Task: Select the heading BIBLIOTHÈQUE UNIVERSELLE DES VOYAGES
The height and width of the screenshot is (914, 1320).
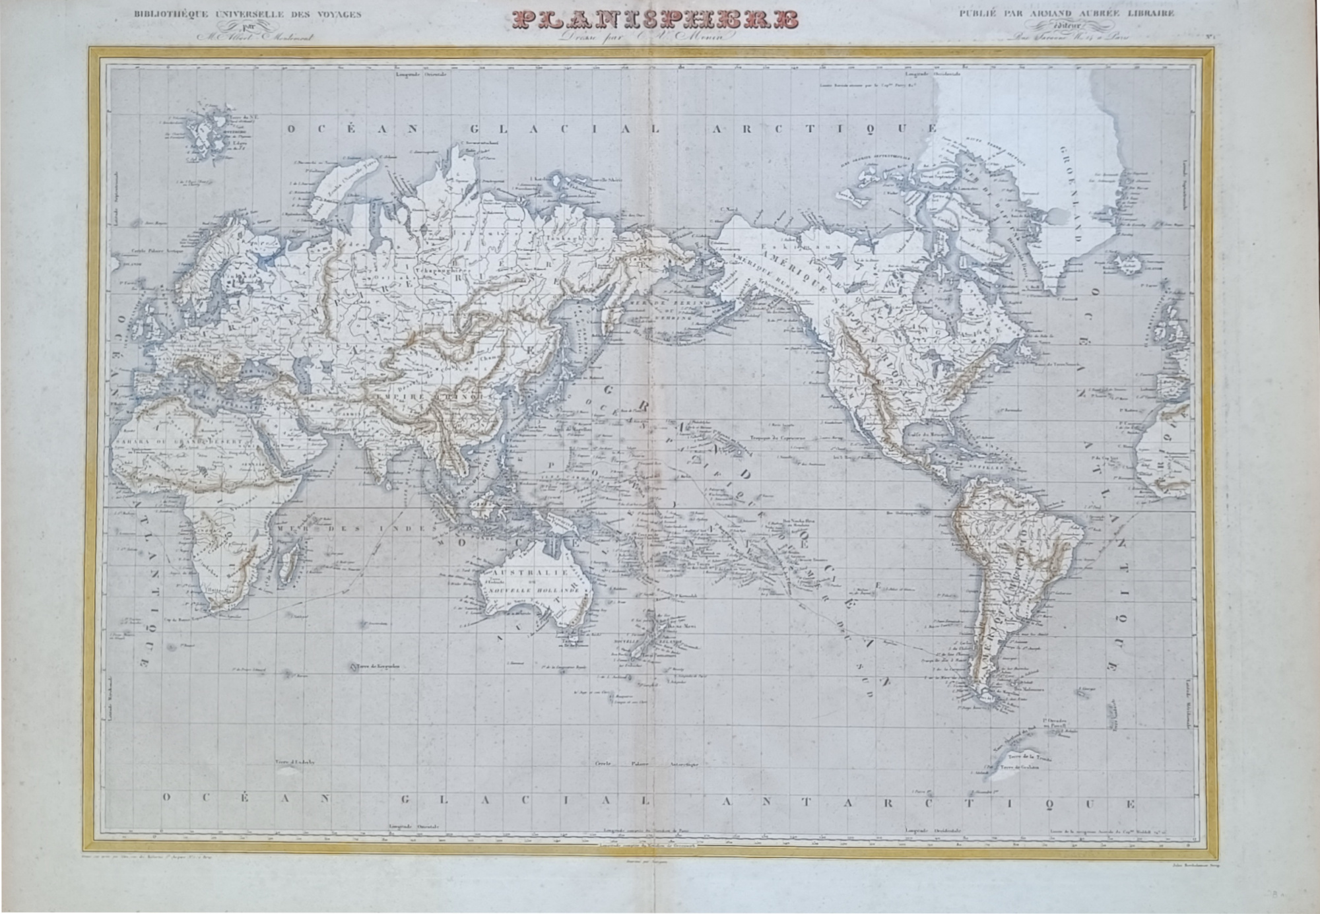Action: (x=247, y=14)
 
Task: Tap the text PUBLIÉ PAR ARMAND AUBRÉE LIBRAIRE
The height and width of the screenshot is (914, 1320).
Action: (x=1067, y=13)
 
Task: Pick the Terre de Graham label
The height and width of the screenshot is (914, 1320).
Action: (x=1023, y=767)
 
